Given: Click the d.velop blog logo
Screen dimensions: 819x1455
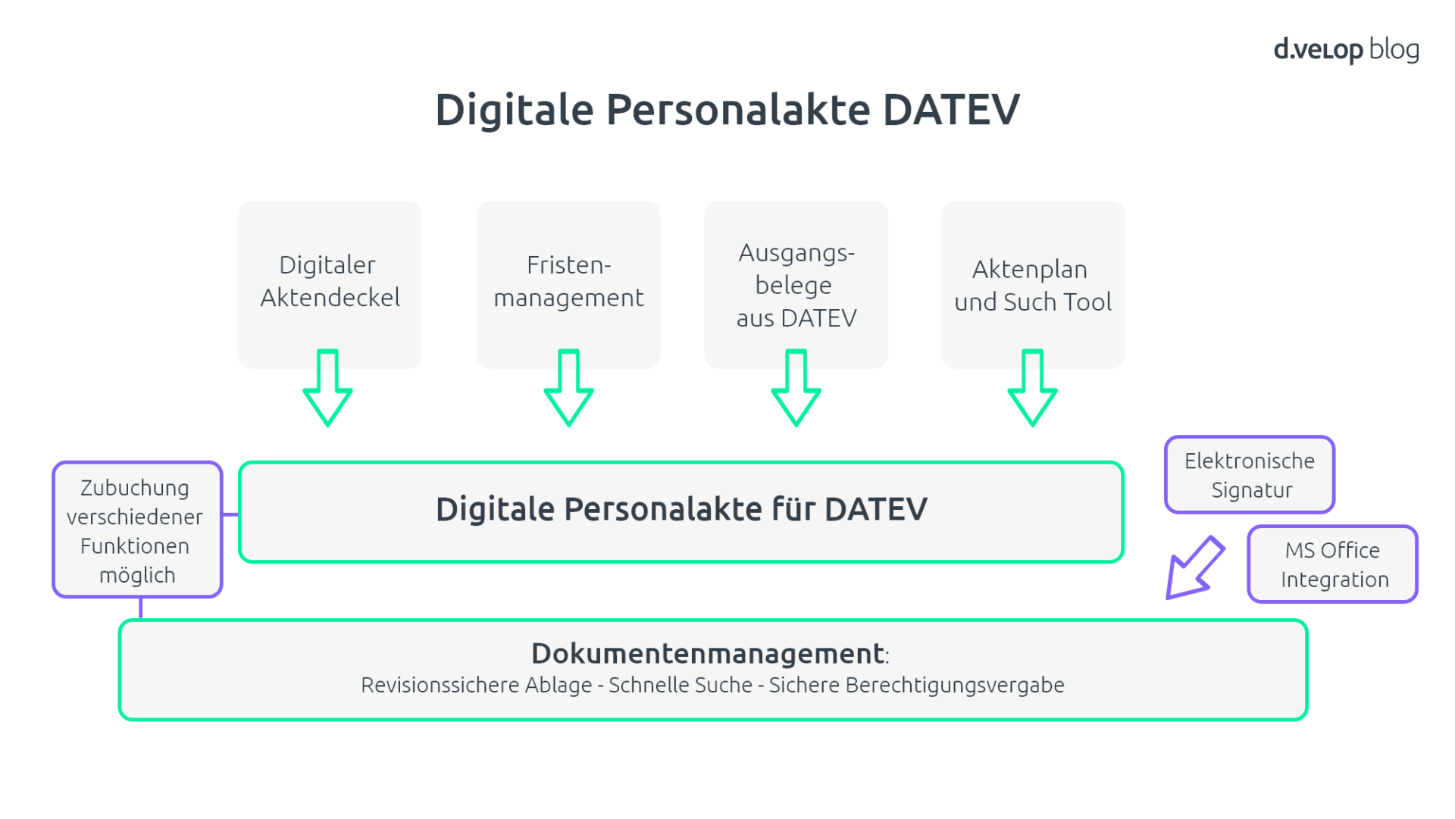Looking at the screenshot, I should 1346,50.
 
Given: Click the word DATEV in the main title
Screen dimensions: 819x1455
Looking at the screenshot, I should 951,110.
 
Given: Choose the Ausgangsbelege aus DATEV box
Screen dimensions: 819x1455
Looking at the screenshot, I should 796,285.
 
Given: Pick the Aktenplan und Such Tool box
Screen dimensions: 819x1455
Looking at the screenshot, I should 1033,285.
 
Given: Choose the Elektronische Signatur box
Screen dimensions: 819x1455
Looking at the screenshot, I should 1250,475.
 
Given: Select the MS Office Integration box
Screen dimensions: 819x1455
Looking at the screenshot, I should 1333,564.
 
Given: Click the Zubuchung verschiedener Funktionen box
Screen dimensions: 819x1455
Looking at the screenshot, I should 137,530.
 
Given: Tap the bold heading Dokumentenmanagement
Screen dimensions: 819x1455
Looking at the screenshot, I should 708,653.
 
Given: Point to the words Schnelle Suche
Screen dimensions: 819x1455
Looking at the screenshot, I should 680,685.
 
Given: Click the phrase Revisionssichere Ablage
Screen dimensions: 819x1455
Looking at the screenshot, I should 476,685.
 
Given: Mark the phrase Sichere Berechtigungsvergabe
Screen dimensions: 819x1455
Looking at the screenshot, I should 916,685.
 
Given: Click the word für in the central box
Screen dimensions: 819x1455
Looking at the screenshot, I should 793,509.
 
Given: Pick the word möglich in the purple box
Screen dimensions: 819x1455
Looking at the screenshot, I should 137,576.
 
